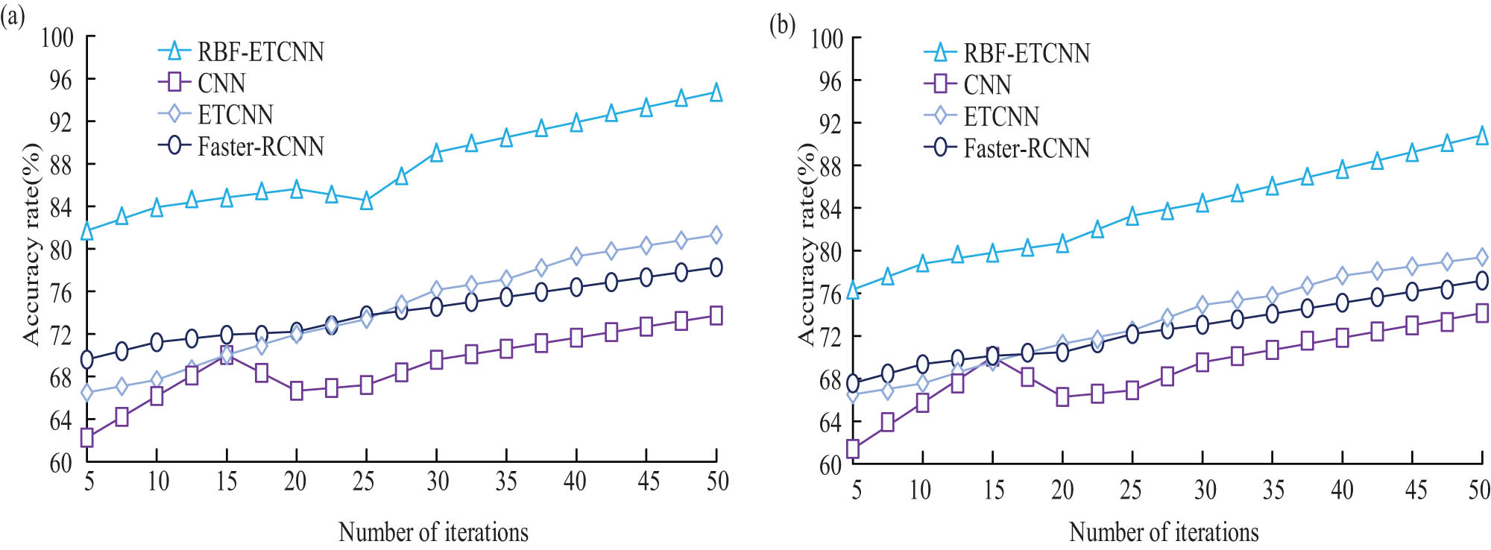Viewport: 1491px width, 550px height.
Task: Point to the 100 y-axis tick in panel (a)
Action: pyautogui.click(x=57, y=37)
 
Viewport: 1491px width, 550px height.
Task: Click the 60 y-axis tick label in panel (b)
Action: pyautogui.click(x=830, y=465)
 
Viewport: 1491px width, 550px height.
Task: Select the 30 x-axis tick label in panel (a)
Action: pyautogui.click(x=438, y=481)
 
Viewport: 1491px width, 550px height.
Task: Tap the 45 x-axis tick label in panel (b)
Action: pyautogui.click(x=1416, y=490)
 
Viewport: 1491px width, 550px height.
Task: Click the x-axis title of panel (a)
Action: pyautogui.click(x=433, y=532)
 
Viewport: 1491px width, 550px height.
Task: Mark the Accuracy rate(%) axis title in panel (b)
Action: pyautogui.click(x=807, y=244)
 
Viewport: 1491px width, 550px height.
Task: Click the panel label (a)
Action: pyautogui.click(x=13, y=16)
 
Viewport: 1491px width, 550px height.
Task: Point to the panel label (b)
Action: pyautogui.click(x=782, y=25)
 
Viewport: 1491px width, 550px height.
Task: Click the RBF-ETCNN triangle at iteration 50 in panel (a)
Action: pyautogui.click(x=716, y=92)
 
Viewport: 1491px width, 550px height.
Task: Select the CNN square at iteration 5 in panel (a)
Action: pyautogui.click(x=87, y=437)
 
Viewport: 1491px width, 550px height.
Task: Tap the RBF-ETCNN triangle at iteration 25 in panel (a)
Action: pyautogui.click(x=366, y=200)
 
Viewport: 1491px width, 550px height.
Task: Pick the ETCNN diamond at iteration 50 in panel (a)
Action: pyautogui.click(x=716, y=236)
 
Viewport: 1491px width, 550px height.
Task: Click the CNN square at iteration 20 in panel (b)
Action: pyautogui.click(x=1062, y=397)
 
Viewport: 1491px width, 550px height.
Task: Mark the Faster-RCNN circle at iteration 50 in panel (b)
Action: pyautogui.click(x=1481, y=281)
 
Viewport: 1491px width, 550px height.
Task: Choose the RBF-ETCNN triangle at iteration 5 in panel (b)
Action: pyautogui.click(x=853, y=289)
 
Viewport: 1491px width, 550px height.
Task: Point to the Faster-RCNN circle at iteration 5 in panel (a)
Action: pyautogui.click(x=87, y=360)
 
